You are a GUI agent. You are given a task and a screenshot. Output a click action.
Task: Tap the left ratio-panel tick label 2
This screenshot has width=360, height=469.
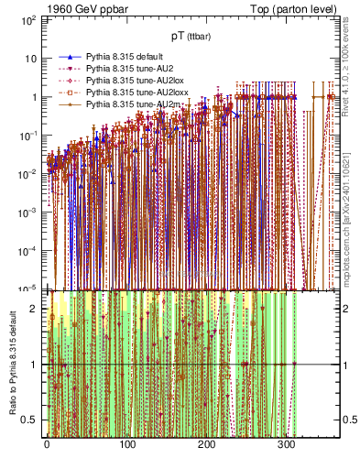pos(33,308)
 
